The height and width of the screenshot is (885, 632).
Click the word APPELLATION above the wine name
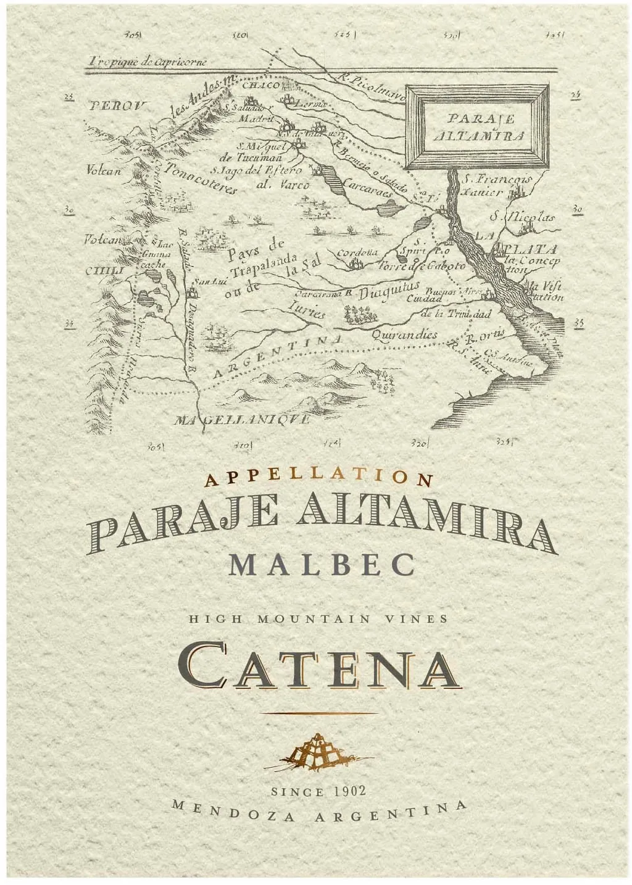click(319, 477)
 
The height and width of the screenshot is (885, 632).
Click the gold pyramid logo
click(318, 751)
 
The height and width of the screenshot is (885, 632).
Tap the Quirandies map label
click(405, 334)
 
